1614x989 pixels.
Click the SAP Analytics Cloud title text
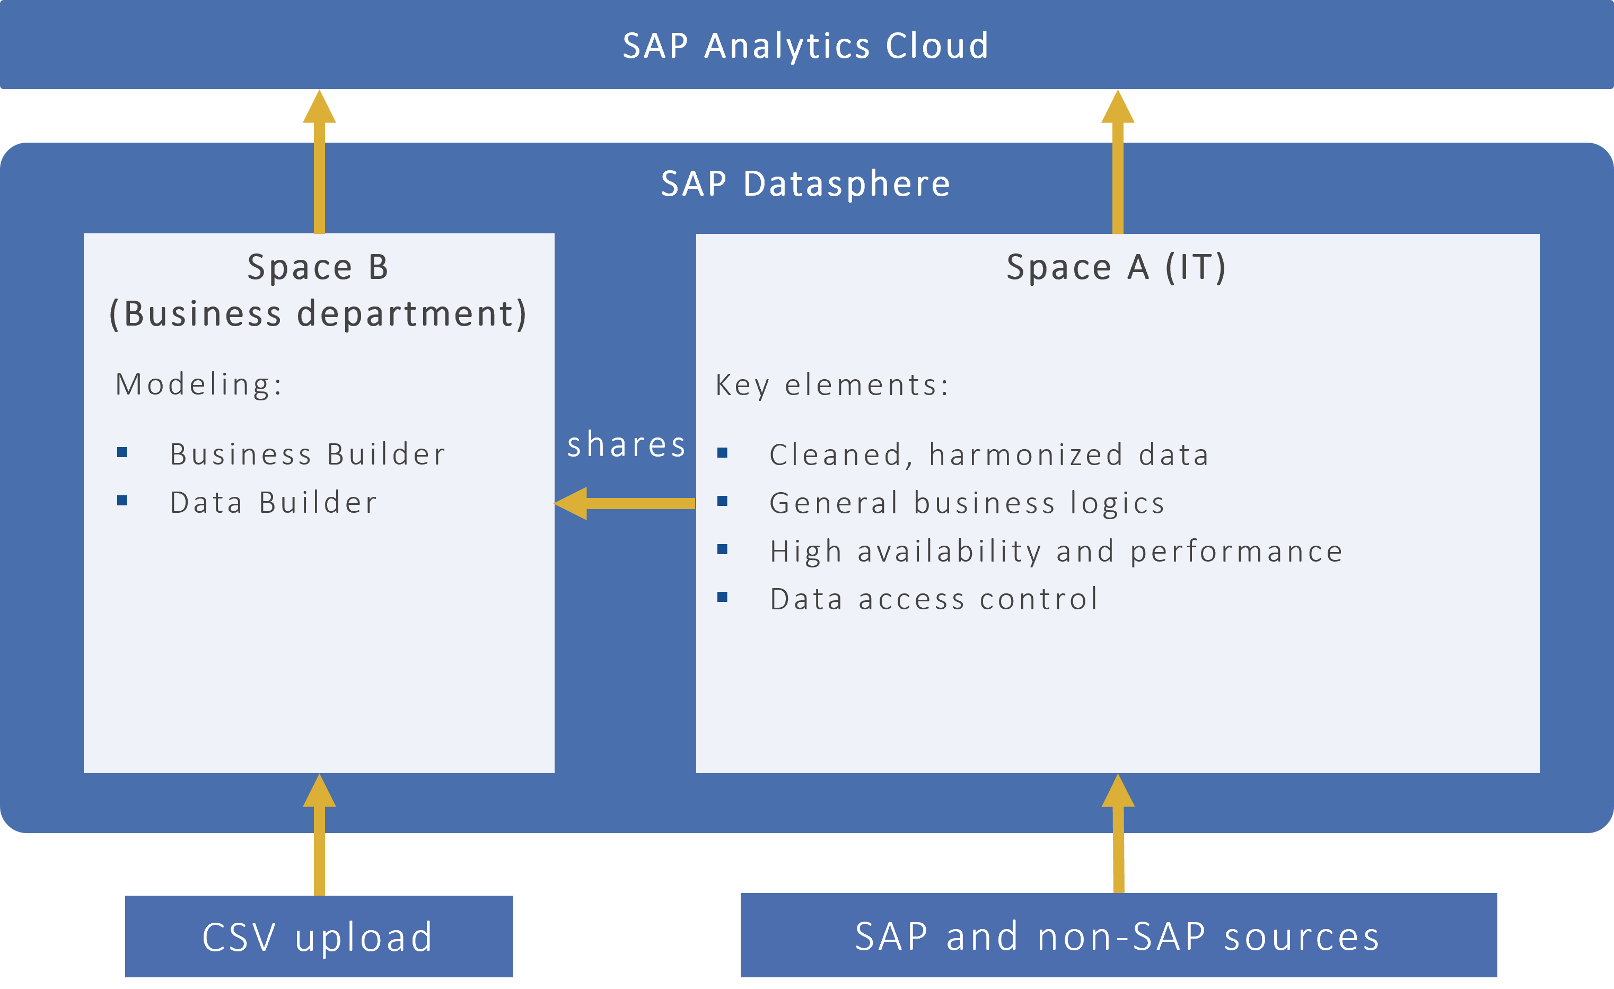click(806, 46)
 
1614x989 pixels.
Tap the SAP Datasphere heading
click(806, 183)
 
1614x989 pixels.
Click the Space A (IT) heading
click(1116, 267)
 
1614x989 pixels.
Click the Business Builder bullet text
click(308, 454)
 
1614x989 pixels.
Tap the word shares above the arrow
click(626, 445)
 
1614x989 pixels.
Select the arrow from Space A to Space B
click(626, 503)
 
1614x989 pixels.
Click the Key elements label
click(832, 385)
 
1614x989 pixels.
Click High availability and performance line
click(1056, 552)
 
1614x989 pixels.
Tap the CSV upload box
click(319, 937)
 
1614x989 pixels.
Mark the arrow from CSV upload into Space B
click(319, 835)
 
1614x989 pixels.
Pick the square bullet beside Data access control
click(723, 597)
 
